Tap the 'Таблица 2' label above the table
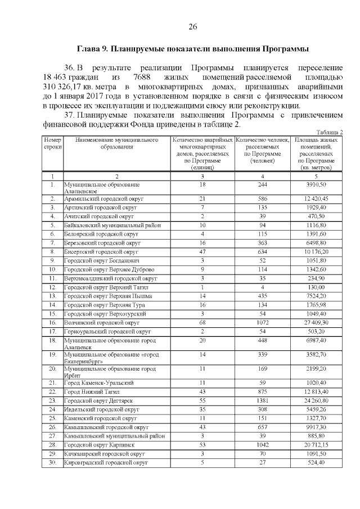[329, 132]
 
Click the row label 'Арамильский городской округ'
[104, 199]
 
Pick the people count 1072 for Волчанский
[262, 323]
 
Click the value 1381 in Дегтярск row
[262, 400]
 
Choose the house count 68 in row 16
[202, 323]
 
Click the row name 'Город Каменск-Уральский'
[98, 382]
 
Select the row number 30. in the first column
[52, 462]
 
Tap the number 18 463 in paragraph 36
[56, 76]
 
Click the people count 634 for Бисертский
[262, 251]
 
